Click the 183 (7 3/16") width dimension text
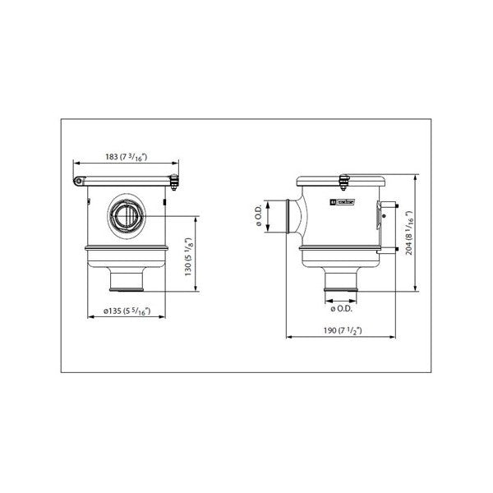point(127,157)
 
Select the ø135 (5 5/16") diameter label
point(128,312)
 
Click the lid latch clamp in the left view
point(173,182)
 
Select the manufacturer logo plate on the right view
point(339,200)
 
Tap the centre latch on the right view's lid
point(344,177)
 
